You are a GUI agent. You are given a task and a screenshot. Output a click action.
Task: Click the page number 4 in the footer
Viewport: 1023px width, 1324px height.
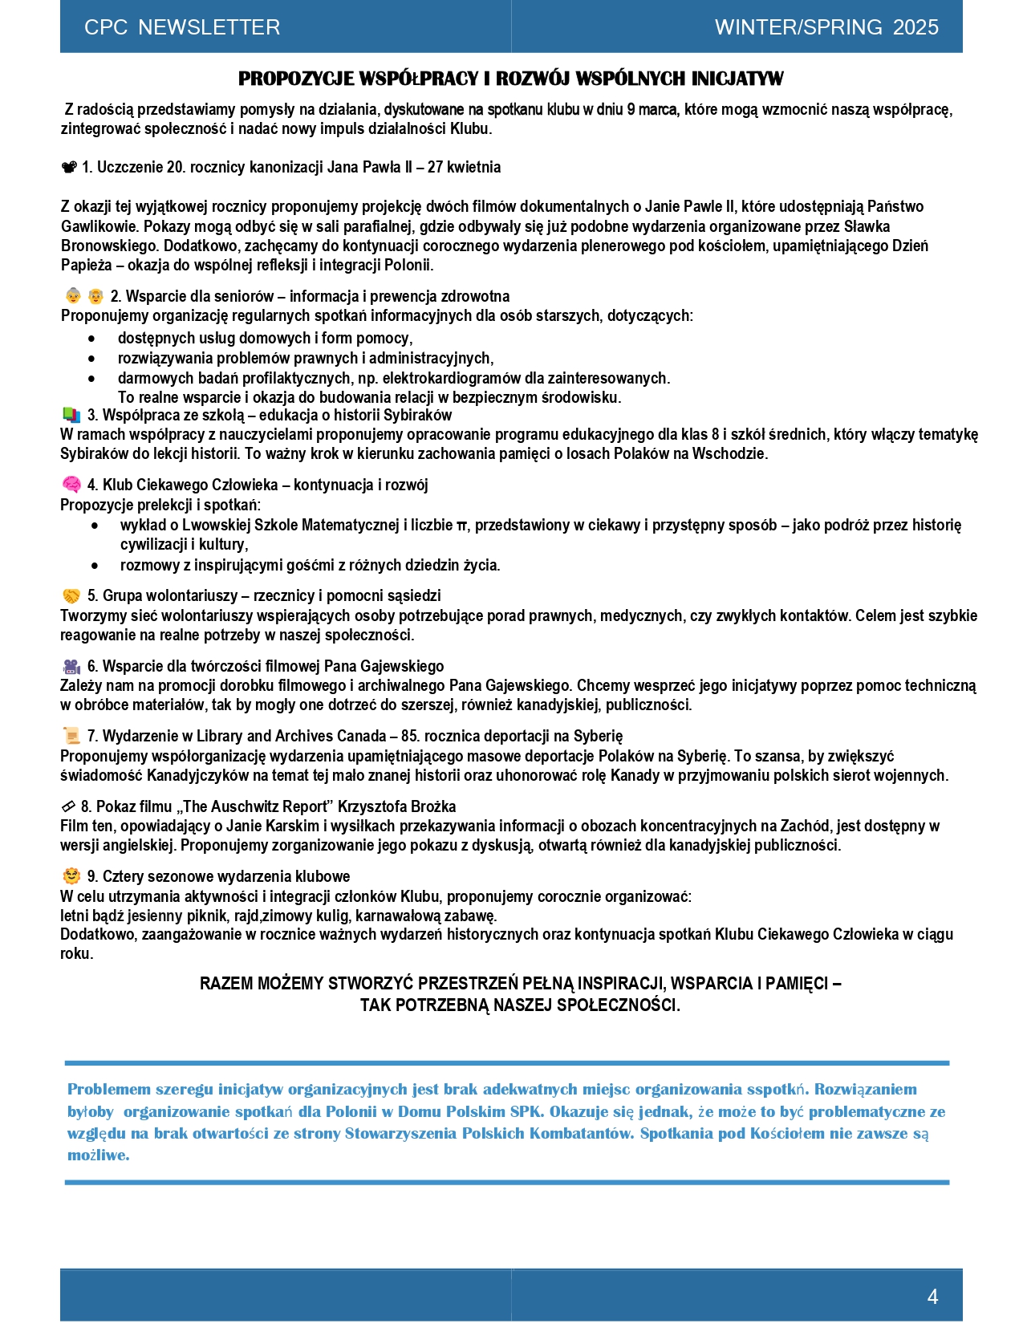(932, 1297)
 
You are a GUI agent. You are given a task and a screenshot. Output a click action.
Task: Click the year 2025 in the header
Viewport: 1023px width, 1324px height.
(915, 27)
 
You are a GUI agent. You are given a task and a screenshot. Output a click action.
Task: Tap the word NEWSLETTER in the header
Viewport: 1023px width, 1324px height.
(209, 27)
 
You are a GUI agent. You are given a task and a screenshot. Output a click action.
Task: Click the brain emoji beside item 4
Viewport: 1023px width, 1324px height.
(71, 485)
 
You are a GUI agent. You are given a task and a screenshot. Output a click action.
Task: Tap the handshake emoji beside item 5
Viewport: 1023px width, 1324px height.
(71, 595)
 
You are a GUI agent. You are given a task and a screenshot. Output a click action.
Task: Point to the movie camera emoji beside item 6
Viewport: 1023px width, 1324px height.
(71, 666)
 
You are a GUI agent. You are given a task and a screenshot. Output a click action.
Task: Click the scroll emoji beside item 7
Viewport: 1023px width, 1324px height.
(71, 736)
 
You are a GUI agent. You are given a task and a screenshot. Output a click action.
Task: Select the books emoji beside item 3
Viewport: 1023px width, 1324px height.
(71, 415)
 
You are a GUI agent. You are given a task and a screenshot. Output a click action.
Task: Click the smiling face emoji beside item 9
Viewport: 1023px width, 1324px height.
(71, 876)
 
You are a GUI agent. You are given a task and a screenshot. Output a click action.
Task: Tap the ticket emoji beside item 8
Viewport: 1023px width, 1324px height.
(68, 806)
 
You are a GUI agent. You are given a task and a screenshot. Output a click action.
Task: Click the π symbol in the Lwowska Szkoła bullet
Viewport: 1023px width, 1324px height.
(461, 526)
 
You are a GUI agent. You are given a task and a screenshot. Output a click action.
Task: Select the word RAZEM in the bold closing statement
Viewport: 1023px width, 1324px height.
(226, 984)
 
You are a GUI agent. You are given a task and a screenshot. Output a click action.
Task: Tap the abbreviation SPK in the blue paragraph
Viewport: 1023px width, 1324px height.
(526, 1112)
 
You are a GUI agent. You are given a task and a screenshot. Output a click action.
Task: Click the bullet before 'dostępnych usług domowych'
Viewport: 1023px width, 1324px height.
(91, 339)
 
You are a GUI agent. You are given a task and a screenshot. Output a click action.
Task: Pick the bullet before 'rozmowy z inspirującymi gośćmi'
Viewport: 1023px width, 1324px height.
(95, 566)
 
